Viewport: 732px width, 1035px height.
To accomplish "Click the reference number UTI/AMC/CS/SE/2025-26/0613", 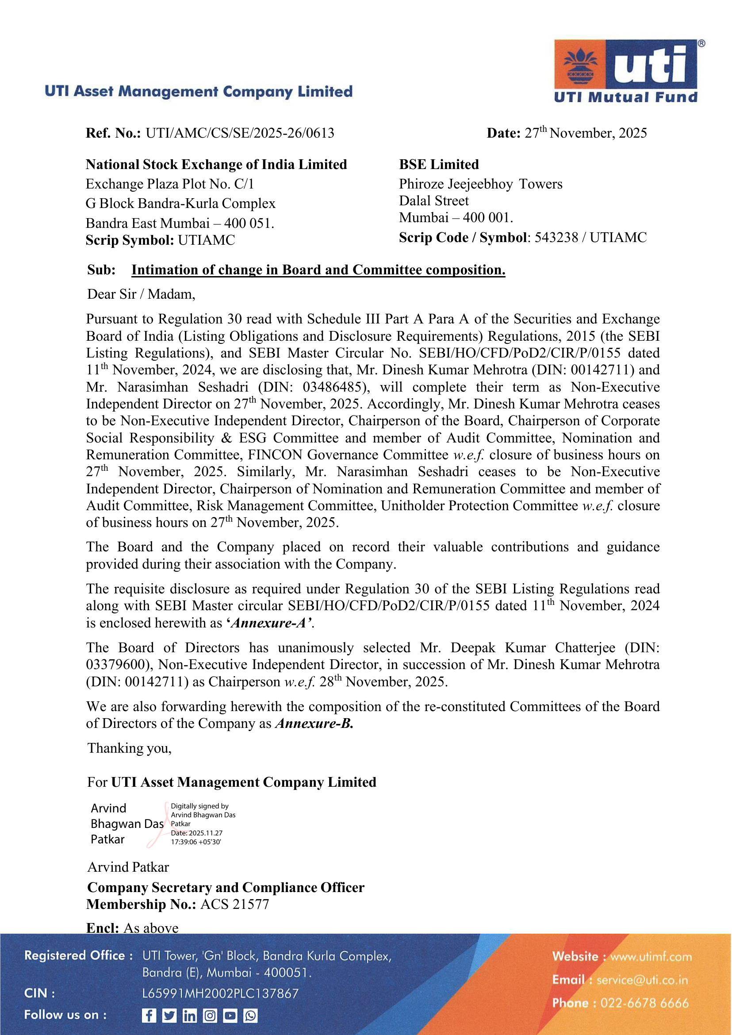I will tap(240, 133).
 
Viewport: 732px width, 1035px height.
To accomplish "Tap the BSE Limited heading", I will tap(439, 165).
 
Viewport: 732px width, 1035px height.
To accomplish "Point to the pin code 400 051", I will tap(249, 223).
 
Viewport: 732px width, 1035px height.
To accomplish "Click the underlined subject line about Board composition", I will tap(318, 269).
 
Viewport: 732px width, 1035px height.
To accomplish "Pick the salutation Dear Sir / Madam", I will tap(141, 294).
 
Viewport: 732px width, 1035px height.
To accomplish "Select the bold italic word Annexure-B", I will tap(314, 723).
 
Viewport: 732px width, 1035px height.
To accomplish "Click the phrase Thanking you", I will tap(129, 748).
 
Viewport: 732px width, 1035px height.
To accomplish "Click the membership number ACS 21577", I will tap(234, 904).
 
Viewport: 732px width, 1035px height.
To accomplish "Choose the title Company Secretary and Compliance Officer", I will tap(226, 887).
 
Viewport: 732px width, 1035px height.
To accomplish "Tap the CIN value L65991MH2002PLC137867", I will tap(220, 993).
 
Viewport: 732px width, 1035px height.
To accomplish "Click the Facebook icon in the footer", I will tap(149, 1016).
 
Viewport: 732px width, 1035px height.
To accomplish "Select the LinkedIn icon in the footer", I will tap(189, 1016).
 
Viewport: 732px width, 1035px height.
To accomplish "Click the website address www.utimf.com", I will tap(651, 957).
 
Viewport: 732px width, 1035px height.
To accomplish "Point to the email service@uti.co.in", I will tap(642, 980).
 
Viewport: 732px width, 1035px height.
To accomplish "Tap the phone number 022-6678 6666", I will tap(644, 1003).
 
